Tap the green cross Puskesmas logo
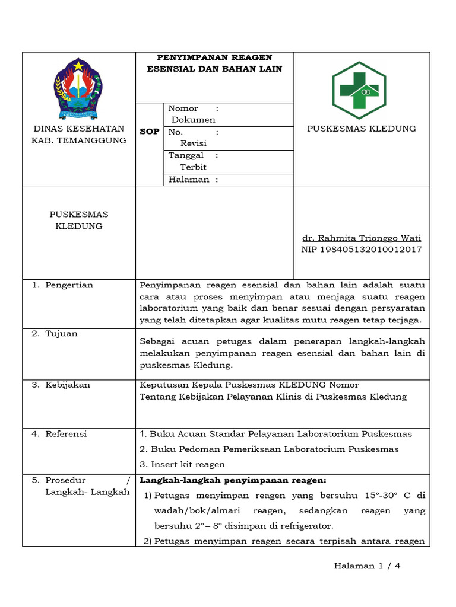click(x=359, y=90)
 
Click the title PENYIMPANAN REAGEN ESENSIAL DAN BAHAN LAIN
click(x=214, y=63)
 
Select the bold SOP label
click(x=149, y=132)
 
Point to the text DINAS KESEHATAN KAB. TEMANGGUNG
click(x=79, y=135)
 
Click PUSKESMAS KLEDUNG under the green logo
click(x=361, y=129)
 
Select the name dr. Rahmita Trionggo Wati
click(x=362, y=238)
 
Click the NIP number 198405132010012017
click(x=362, y=249)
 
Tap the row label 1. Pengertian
click(x=62, y=285)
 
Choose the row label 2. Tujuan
click(x=55, y=334)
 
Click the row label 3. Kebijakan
click(x=61, y=385)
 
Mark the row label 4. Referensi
click(x=59, y=434)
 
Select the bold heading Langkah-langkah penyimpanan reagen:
click(x=233, y=480)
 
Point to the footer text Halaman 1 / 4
click(x=368, y=566)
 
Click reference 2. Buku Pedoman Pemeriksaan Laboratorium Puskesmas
click(x=269, y=449)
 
